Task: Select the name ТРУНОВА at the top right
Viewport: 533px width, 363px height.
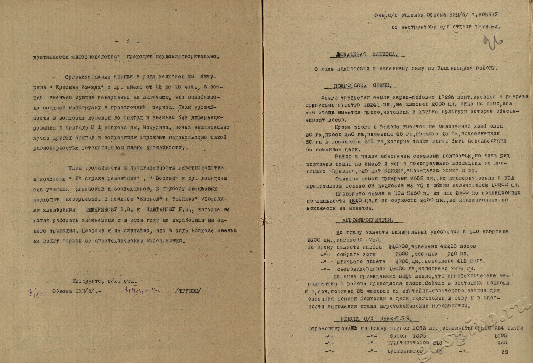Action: (484, 27)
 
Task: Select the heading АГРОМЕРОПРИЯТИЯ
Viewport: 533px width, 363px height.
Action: (367, 220)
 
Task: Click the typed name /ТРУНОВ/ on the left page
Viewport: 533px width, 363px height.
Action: (188, 291)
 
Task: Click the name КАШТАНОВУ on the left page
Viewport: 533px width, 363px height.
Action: (161, 209)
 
